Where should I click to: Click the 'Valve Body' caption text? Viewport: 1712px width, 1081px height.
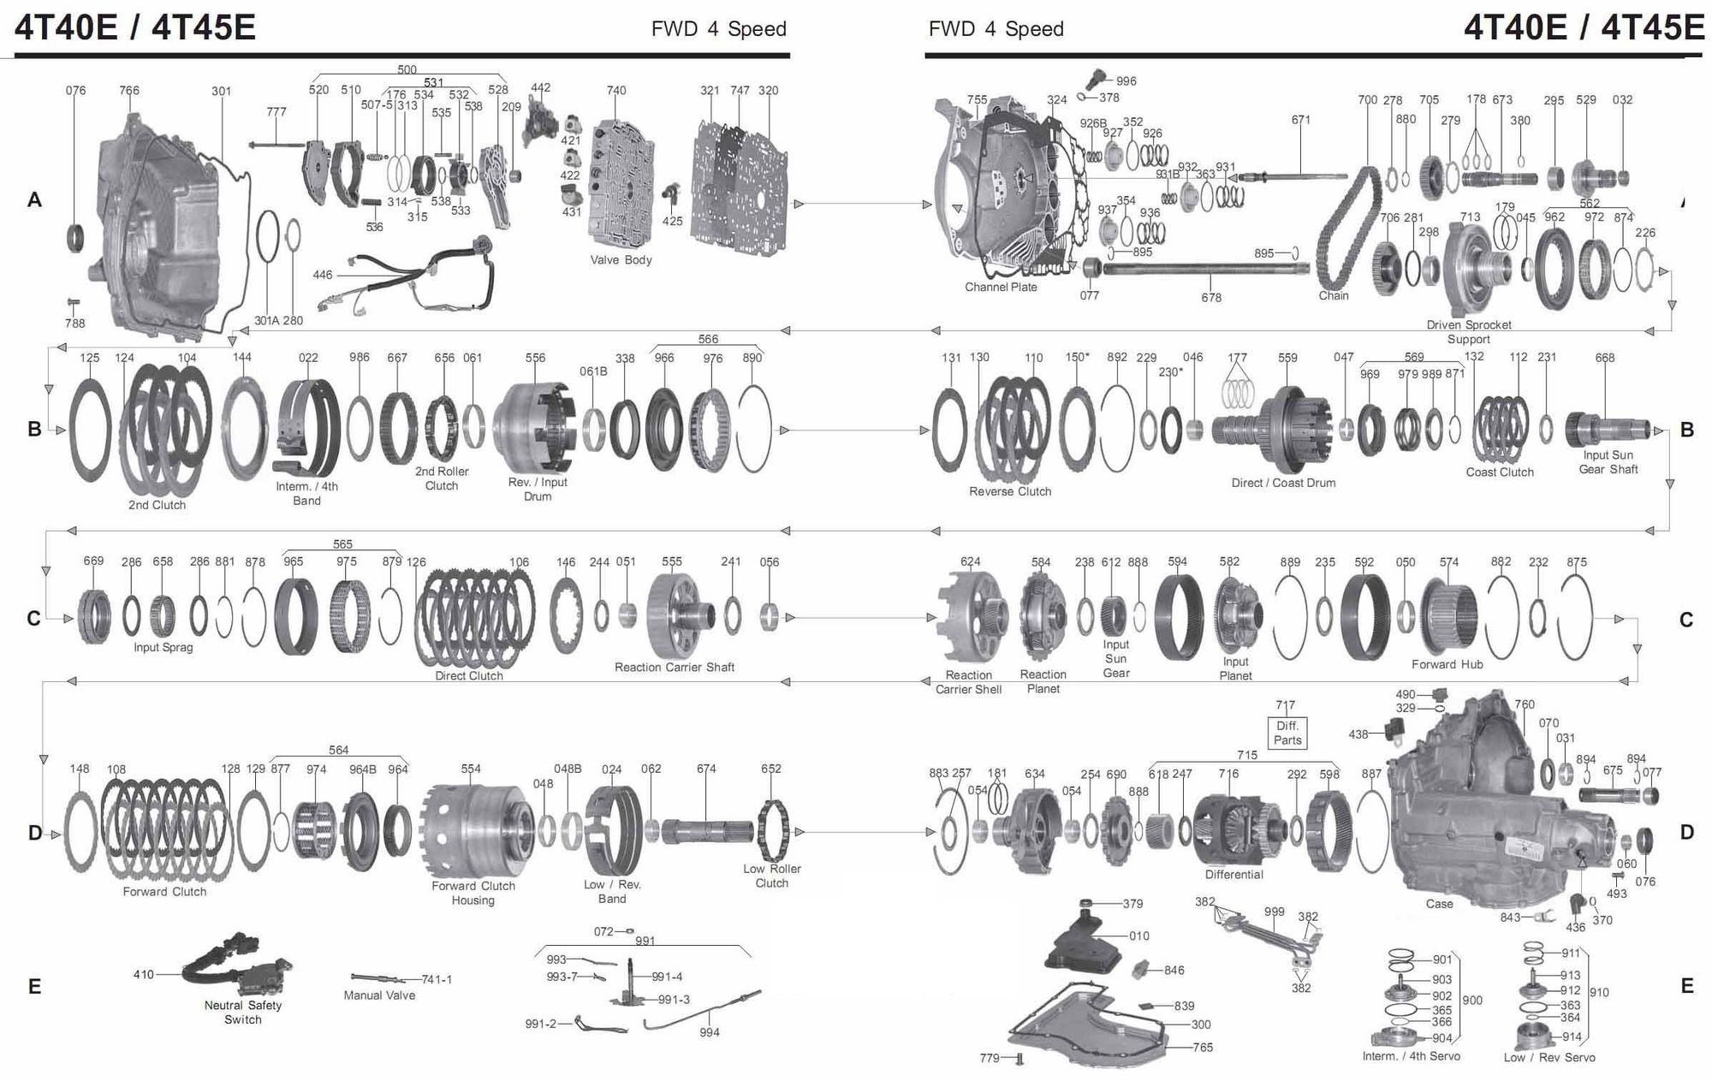click(x=621, y=260)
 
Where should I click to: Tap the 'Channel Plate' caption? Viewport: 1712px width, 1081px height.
click(x=1001, y=288)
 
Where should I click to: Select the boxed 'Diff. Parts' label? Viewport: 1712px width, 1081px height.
click(x=1287, y=733)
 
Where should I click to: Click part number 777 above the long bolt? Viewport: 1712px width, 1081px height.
click(x=276, y=112)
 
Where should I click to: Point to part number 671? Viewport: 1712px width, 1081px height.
click(x=1300, y=120)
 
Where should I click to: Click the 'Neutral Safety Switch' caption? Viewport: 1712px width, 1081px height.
click(x=242, y=1013)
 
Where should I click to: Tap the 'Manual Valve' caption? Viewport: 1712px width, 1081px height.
click(x=379, y=995)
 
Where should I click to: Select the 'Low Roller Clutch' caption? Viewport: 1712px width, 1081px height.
click(x=771, y=876)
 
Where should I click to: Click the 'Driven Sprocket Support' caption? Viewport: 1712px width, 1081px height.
click(x=1469, y=332)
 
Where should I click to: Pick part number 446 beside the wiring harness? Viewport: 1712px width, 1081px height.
click(x=322, y=275)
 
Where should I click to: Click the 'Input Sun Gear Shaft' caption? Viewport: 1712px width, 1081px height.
click(x=1608, y=462)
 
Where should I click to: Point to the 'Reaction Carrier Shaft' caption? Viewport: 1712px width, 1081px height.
click(x=674, y=668)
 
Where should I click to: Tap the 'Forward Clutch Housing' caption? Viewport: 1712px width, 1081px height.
click(x=473, y=893)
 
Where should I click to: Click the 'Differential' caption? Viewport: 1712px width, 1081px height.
click(x=1233, y=875)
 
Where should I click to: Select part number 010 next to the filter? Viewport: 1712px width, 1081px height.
click(x=1138, y=936)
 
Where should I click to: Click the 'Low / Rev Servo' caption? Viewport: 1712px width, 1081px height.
click(x=1549, y=1058)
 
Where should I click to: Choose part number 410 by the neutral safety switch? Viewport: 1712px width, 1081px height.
click(x=143, y=975)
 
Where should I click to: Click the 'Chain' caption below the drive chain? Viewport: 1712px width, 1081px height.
click(x=1333, y=296)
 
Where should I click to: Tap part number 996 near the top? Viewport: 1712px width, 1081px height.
click(x=1126, y=81)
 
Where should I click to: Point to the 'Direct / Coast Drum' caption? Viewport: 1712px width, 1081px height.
click(x=1283, y=484)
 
